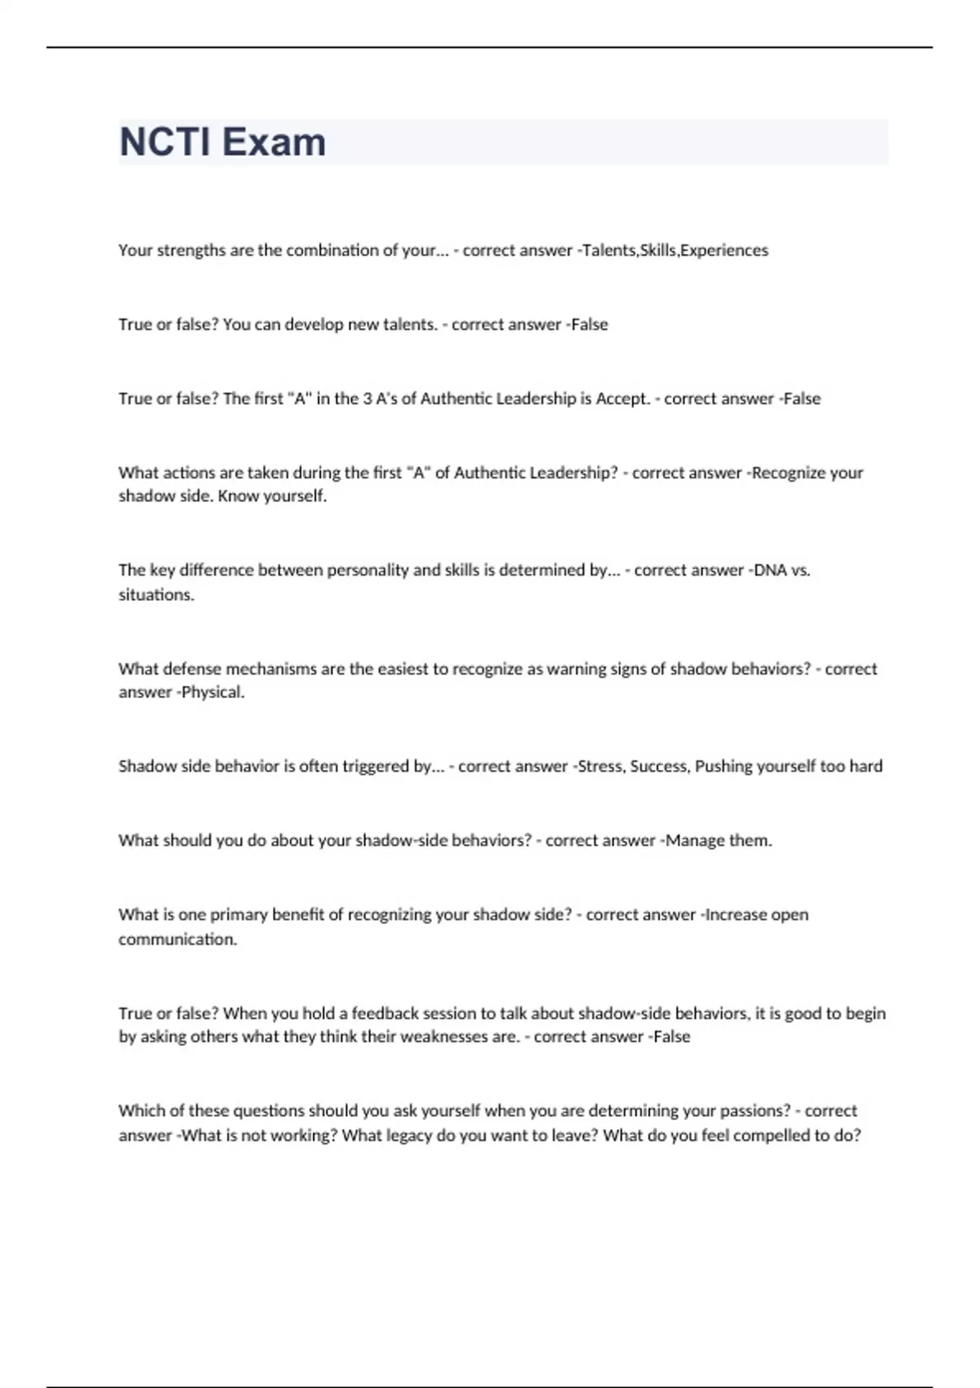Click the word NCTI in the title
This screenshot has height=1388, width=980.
click(x=165, y=142)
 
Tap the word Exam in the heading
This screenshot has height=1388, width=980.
click(x=274, y=142)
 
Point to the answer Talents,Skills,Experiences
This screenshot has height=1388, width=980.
click(x=675, y=251)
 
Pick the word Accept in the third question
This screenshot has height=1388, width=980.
click(x=622, y=398)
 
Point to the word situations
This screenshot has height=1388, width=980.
click(x=156, y=595)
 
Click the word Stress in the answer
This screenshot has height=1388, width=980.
click(x=600, y=767)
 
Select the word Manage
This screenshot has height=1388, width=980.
click(x=695, y=840)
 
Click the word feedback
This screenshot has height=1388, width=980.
click(x=385, y=1013)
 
